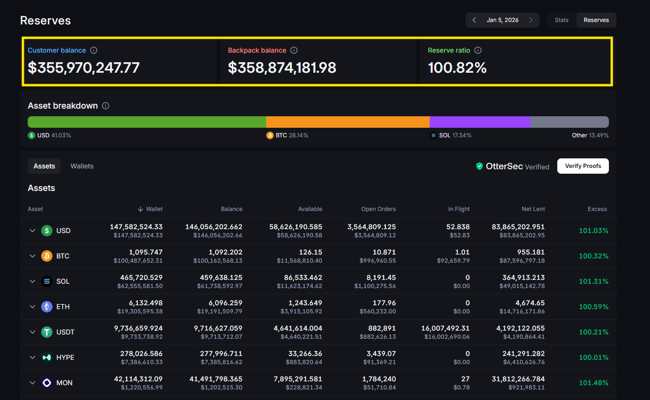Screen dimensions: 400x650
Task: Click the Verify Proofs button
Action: click(x=583, y=166)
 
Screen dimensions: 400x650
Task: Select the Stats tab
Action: click(x=562, y=20)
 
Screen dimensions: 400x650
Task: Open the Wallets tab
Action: click(x=82, y=166)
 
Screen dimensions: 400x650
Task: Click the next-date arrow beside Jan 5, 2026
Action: click(x=531, y=20)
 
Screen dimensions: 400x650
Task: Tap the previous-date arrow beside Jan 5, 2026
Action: click(x=474, y=20)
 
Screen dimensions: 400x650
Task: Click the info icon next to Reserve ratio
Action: click(x=478, y=50)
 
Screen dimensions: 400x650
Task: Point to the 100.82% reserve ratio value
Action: click(x=457, y=68)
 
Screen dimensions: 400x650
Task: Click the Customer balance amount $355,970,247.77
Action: click(x=84, y=68)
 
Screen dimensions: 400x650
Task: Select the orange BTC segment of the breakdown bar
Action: click(x=347, y=122)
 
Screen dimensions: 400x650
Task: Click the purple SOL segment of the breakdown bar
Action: click(x=479, y=122)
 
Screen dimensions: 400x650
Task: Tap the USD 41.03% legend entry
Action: click(x=49, y=135)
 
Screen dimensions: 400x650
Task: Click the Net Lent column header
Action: click(x=533, y=209)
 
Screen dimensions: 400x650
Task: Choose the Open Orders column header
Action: click(x=379, y=209)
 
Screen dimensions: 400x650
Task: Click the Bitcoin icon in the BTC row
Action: click(x=47, y=256)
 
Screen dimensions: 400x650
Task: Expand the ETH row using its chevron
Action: click(x=32, y=307)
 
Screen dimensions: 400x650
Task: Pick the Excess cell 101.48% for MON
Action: click(x=593, y=383)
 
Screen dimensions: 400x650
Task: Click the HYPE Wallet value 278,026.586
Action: click(x=141, y=354)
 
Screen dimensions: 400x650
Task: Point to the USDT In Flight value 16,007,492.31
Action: click(x=445, y=328)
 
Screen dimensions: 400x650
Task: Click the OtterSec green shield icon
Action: click(x=479, y=166)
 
